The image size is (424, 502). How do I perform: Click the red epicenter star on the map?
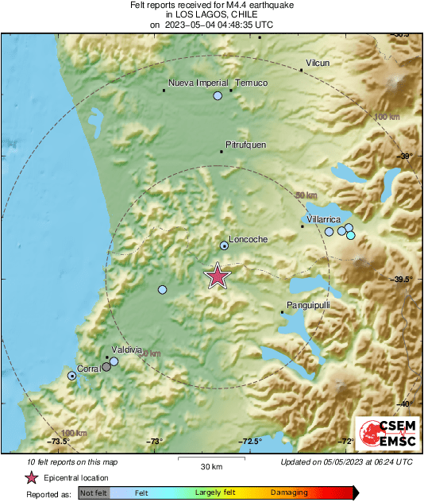click(x=218, y=276)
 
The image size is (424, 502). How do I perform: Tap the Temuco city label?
click(x=252, y=83)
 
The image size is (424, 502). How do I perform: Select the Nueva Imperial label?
click(x=199, y=83)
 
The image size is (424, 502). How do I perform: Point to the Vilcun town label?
click(x=318, y=63)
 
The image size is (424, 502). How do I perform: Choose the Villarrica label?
click(x=323, y=218)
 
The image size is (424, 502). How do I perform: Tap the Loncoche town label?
click(x=248, y=239)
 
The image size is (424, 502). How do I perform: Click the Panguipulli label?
click(x=307, y=305)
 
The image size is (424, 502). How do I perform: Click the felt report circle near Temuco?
click(x=218, y=96)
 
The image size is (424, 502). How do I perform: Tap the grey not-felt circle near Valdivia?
click(x=106, y=367)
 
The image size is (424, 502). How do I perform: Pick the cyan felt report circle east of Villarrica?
click(x=350, y=234)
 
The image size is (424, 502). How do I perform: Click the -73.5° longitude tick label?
click(x=59, y=442)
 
